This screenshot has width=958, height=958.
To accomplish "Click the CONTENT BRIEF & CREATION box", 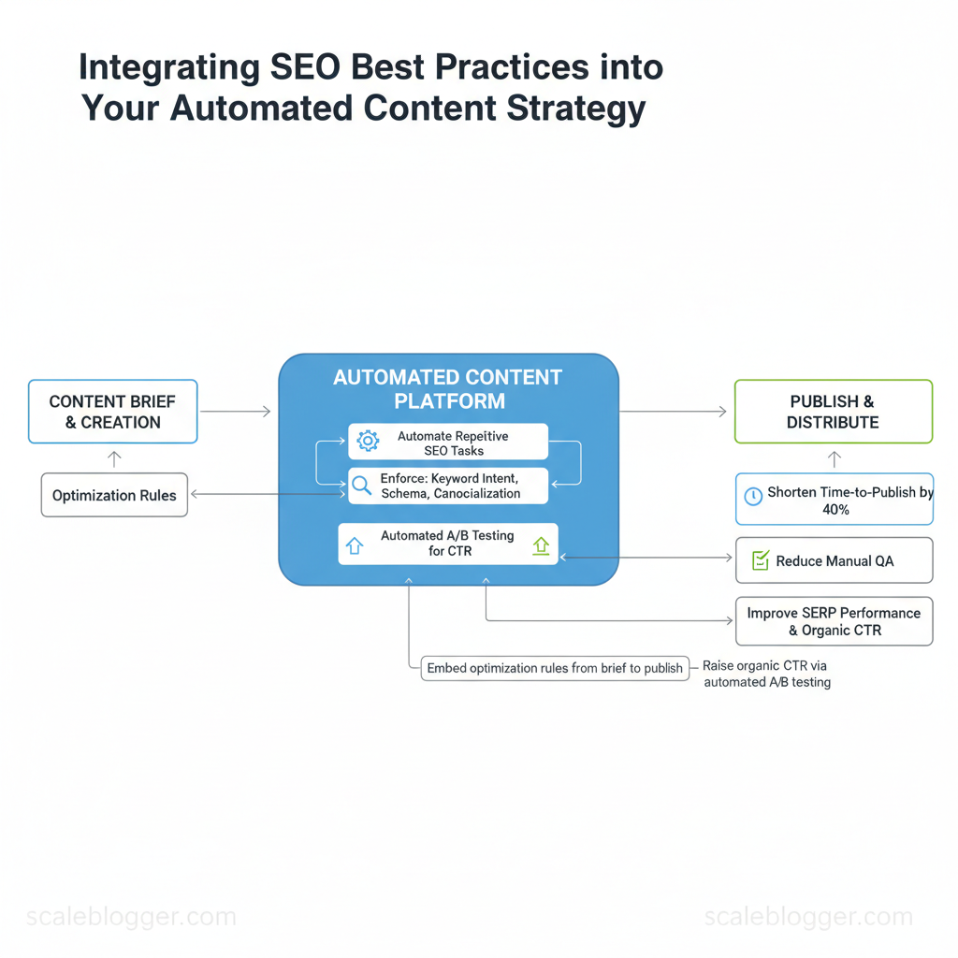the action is (x=113, y=412).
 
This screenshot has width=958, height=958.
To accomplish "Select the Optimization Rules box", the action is (x=114, y=495).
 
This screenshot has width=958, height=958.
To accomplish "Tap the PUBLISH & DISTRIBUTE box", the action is (x=834, y=412).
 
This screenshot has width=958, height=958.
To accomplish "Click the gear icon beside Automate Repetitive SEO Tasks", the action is (x=368, y=441).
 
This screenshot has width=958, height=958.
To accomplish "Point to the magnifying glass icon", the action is (x=362, y=486).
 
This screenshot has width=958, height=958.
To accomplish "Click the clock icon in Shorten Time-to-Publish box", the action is (x=753, y=496).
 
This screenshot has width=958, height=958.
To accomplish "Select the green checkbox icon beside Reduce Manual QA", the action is (x=761, y=559).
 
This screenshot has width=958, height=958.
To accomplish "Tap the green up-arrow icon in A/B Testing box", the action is (x=541, y=545).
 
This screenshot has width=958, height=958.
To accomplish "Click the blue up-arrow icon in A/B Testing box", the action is (x=355, y=545).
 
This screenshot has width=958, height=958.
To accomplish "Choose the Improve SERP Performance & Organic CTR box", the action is (x=834, y=621).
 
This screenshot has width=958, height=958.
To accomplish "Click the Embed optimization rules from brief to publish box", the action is (x=555, y=668).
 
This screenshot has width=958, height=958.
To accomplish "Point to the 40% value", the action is (x=835, y=510).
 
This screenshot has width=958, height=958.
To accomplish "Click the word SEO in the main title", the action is (x=305, y=66).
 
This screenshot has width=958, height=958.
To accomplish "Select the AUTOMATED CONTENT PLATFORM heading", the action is (x=448, y=389).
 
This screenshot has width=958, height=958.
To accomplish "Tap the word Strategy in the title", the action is (x=576, y=109).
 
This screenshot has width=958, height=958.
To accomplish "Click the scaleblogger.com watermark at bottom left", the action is (x=131, y=917).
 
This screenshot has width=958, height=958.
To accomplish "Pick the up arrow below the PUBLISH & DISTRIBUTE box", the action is (x=835, y=458).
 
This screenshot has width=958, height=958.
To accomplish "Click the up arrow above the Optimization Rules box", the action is (x=114, y=458).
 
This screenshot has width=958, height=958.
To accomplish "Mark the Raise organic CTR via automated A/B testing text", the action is (x=767, y=674).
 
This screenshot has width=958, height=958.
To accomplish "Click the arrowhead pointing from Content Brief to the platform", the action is (x=267, y=412).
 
